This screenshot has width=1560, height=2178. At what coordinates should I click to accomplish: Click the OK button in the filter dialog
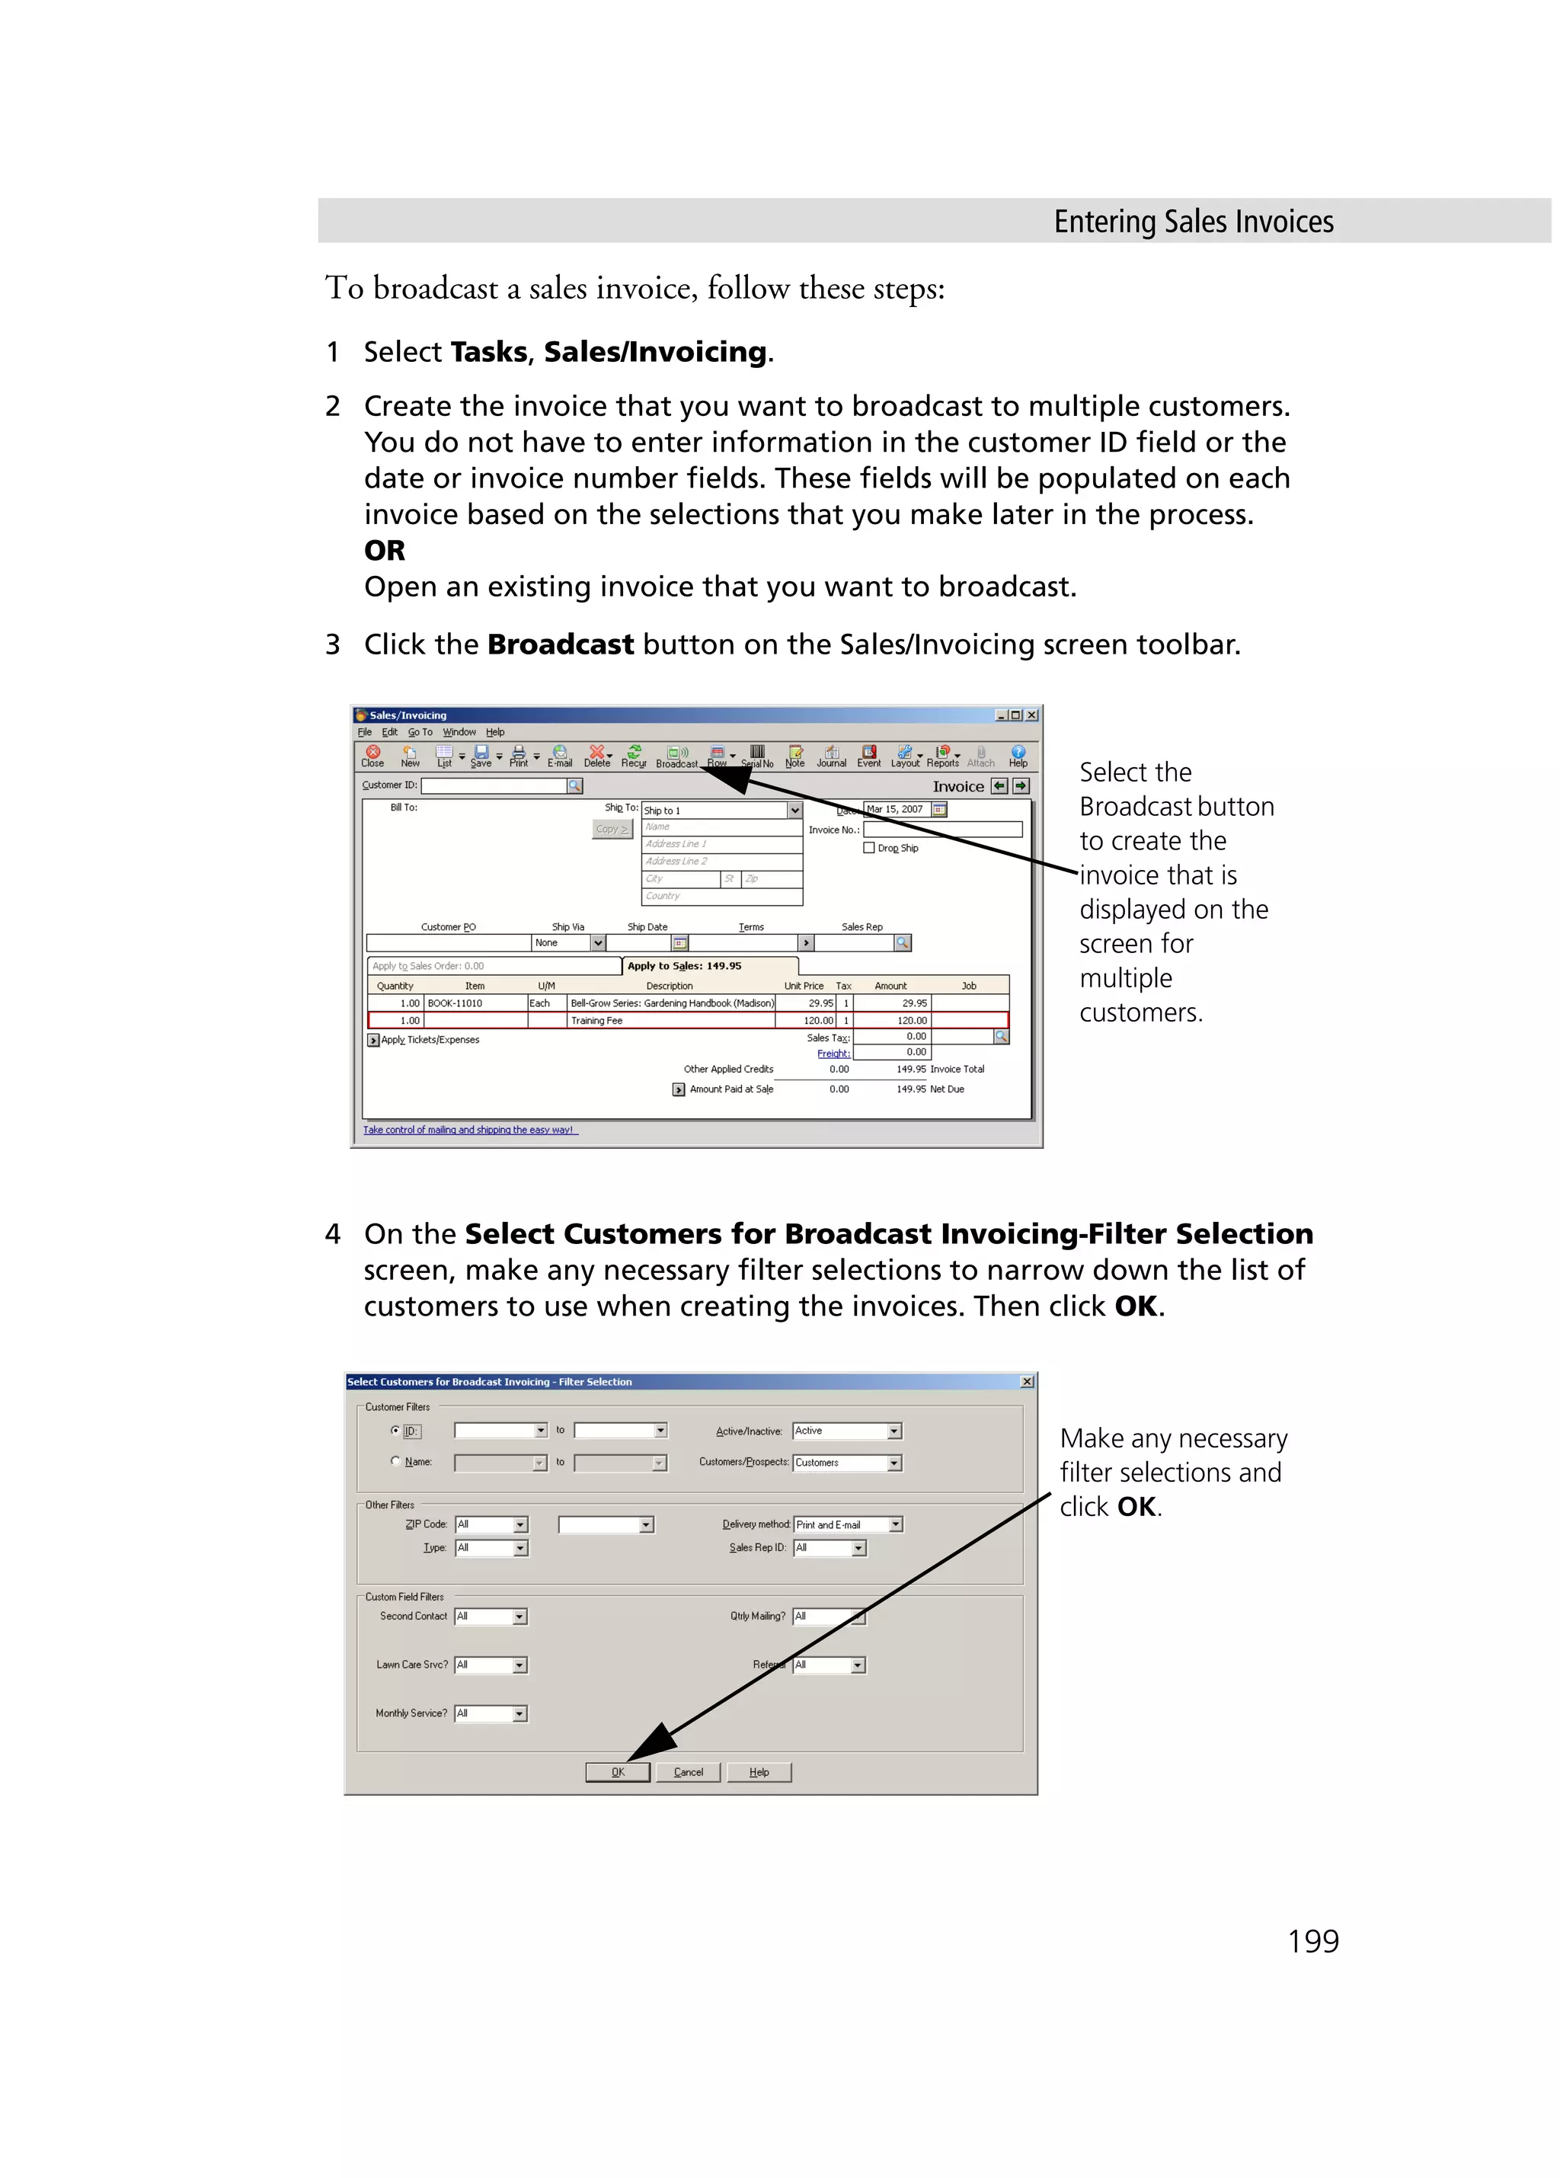click(x=617, y=1772)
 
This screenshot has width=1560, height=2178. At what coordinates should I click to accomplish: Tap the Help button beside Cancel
click(x=759, y=1772)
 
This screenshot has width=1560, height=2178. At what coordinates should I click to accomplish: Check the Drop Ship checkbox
click(x=869, y=848)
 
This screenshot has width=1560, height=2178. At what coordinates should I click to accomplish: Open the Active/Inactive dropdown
click(x=893, y=1431)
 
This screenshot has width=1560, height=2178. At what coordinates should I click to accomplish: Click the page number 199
click(x=1312, y=1941)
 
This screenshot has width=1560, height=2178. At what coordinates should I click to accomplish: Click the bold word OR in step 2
click(x=384, y=550)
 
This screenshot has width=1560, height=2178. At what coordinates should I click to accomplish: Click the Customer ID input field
click(x=494, y=785)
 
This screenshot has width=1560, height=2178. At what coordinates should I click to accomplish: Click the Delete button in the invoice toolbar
click(x=597, y=756)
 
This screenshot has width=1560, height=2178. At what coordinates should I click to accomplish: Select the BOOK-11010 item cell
click(x=475, y=1003)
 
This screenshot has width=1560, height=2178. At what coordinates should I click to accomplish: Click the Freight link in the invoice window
click(x=833, y=1054)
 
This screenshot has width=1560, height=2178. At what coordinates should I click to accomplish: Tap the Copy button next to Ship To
click(x=612, y=829)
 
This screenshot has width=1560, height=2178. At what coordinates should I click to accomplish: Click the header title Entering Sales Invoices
click(x=1194, y=222)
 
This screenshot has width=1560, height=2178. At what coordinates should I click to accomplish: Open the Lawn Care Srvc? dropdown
click(x=519, y=1665)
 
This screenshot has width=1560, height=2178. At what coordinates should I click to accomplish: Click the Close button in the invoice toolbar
click(x=372, y=756)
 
